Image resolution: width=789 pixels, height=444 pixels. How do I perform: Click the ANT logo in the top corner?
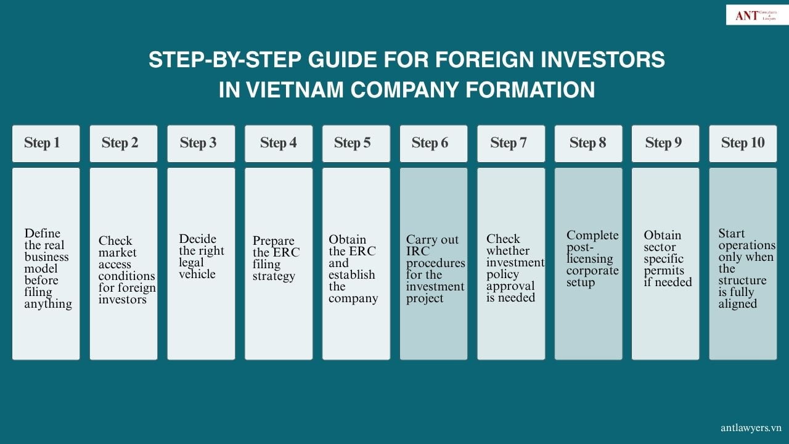pyautogui.click(x=756, y=15)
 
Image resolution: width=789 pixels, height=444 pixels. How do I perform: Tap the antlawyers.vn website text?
pyautogui.click(x=751, y=427)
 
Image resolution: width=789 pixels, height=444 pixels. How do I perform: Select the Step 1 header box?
pyautogui.click(x=46, y=143)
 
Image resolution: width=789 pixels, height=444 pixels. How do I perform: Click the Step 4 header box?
pyautogui.click(x=278, y=143)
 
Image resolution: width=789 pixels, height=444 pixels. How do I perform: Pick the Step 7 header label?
pyautogui.click(x=509, y=143)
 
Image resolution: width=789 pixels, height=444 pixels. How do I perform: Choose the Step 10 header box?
pyautogui.click(x=743, y=143)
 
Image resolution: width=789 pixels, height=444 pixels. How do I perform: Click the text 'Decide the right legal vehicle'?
pyautogui.click(x=201, y=257)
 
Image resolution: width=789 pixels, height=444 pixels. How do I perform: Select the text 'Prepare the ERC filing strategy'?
pyautogui.click(x=275, y=258)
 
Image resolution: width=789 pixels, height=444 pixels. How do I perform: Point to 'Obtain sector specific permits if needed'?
pyautogui.click(x=668, y=258)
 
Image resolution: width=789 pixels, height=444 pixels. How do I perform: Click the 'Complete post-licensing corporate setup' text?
pyautogui.click(x=592, y=258)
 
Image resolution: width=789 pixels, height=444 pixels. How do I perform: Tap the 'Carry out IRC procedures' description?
pyautogui.click(x=435, y=269)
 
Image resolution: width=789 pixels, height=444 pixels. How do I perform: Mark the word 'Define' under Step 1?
pyautogui.click(x=43, y=233)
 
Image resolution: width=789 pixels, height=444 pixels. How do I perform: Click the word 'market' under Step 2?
pyautogui.click(x=117, y=253)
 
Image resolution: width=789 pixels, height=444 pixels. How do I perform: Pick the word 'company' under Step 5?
pyautogui.click(x=353, y=298)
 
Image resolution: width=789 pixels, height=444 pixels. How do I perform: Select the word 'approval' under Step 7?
pyautogui.click(x=510, y=286)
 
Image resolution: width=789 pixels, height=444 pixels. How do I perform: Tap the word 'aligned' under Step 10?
pyautogui.click(x=737, y=304)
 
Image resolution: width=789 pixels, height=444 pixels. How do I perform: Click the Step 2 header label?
pyautogui.click(x=120, y=143)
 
